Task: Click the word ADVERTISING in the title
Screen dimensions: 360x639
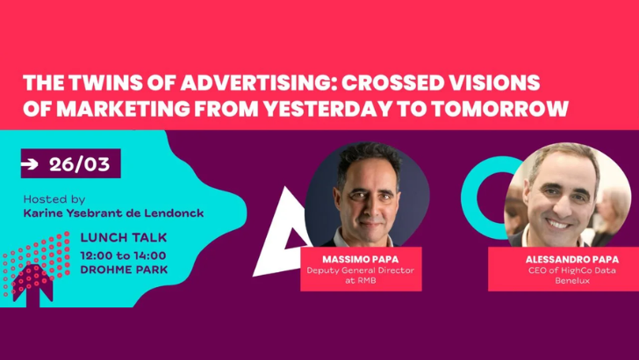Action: click(x=222, y=83)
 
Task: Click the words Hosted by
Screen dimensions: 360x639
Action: click(x=54, y=199)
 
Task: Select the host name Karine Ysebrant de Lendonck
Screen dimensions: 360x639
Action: click(x=114, y=213)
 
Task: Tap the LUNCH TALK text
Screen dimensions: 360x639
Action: click(x=123, y=238)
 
